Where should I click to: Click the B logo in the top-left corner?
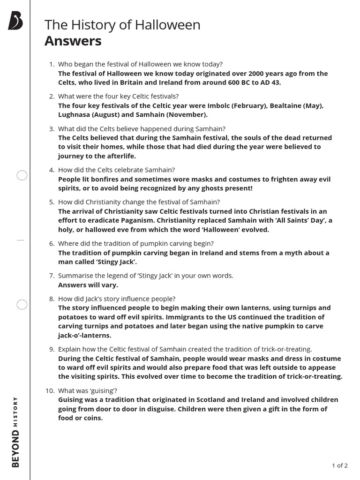click(15, 21)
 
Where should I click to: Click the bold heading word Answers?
click(73, 41)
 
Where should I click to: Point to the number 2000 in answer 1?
click(259, 74)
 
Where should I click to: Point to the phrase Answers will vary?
click(88, 285)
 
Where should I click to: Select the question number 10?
click(51, 390)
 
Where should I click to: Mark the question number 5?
click(52, 202)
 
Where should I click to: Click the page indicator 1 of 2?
click(339, 465)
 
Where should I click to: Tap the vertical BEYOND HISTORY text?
click(15, 431)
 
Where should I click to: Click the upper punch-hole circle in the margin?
click(22, 176)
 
